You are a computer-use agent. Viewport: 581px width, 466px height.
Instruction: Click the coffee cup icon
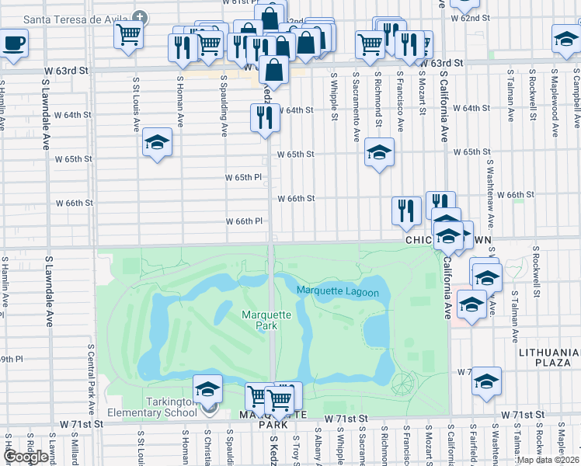pos(14,42)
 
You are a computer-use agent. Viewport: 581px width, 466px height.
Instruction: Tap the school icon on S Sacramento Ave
pos(379,152)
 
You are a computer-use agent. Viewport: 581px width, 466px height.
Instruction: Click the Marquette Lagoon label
pos(337,292)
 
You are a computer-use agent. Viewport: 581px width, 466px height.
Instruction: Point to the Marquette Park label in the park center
pos(266,320)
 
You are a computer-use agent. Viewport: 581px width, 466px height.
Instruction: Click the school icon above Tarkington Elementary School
pos(207,389)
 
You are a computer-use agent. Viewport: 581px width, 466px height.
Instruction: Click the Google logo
pos(25,456)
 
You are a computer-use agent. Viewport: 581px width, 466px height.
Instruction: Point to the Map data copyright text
pos(548,460)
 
